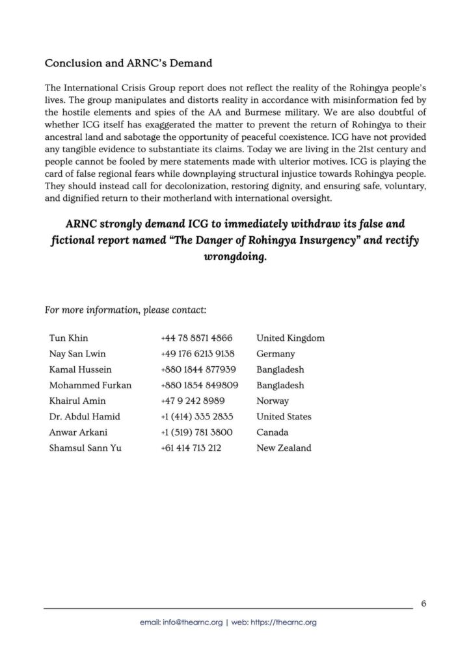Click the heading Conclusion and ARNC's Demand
coord(128,64)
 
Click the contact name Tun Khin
coord(68,338)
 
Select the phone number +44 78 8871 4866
coord(196,338)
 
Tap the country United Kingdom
coord(290,338)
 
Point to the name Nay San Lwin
coord(77,354)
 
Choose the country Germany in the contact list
coord(276,354)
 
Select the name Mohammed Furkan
coord(90,385)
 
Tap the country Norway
coord(273,401)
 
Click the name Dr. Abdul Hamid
coord(85,416)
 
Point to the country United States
coord(284,416)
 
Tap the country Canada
coord(273,432)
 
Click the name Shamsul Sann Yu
coord(85,447)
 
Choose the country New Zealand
coord(284,447)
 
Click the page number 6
coord(424,603)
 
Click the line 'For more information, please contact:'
coord(126,310)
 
